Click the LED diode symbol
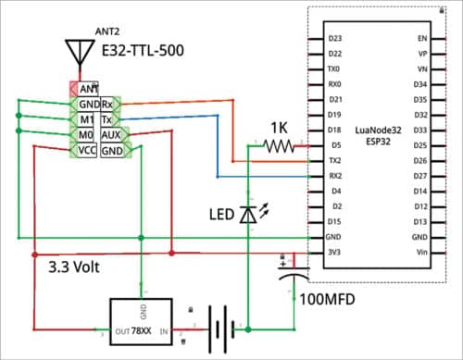point(248,214)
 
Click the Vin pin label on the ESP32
point(421,251)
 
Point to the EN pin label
point(422,39)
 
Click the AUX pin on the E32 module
point(111,135)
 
